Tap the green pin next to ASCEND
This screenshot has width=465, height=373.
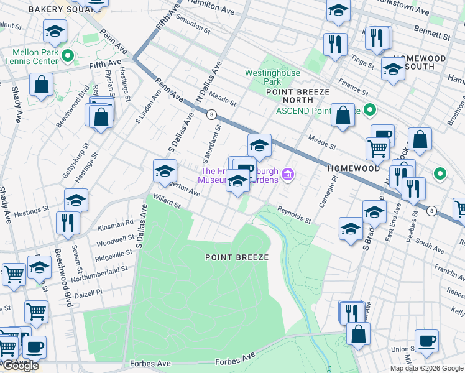(370, 111)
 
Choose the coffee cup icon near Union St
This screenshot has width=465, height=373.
(426, 341)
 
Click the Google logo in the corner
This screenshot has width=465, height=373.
(20, 366)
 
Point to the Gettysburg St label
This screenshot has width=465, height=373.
(71, 163)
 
